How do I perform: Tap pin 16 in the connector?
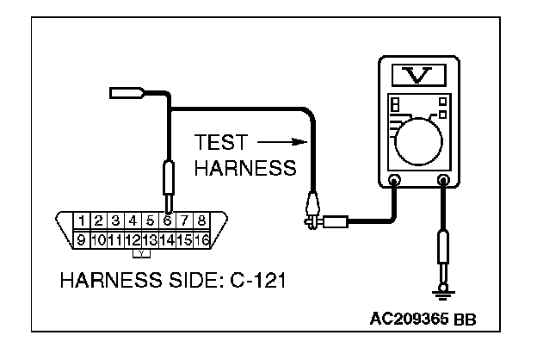pos(202,239)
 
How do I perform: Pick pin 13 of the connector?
pos(150,239)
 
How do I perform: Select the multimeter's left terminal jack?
pos(395,182)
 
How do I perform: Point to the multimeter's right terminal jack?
pos(444,182)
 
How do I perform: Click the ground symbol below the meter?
pos(444,293)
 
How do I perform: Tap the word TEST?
pos(222,141)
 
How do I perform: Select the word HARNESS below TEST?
pos(244,168)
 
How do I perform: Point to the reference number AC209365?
pos(409,320)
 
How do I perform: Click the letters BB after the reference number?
pos(464,320)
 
